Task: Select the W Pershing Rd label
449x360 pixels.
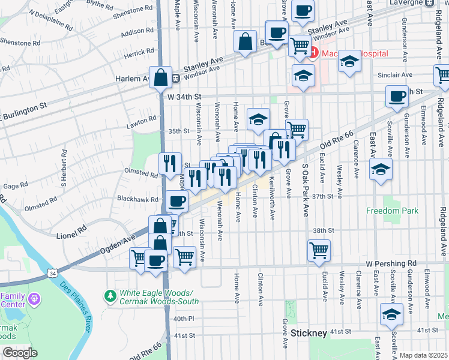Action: click(x=391, y=263)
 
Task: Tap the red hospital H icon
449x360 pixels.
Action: click(x=313, y=53)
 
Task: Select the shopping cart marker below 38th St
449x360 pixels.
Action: click(x=319, y=250)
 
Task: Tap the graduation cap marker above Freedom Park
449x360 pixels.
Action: click(x=381, y=170)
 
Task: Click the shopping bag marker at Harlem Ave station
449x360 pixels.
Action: click(x=161, y=77)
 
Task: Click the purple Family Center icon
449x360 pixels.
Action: click(x=34, y=298)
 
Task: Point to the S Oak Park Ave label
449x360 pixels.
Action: click(x=305, y=183)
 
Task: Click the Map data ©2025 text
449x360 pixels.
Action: click(x=423, y=355)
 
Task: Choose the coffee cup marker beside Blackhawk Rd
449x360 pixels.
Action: click(x=176, y=202)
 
